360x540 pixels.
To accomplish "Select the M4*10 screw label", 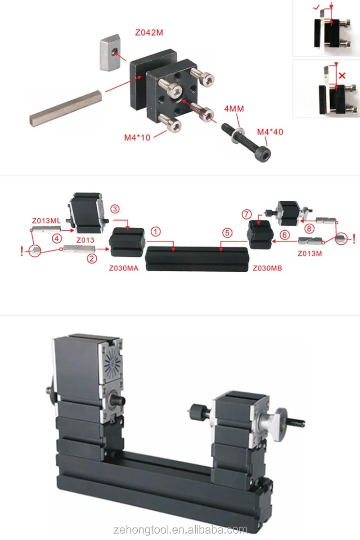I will pos(138,137).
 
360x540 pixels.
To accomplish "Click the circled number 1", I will pos(155,232).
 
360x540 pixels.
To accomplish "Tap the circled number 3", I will pos(115,209).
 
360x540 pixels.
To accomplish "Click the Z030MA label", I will pos(123,268).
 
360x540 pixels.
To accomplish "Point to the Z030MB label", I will pos(267,268).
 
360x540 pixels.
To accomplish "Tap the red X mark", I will pos(342,76).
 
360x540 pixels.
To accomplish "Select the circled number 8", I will pos(309,228).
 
